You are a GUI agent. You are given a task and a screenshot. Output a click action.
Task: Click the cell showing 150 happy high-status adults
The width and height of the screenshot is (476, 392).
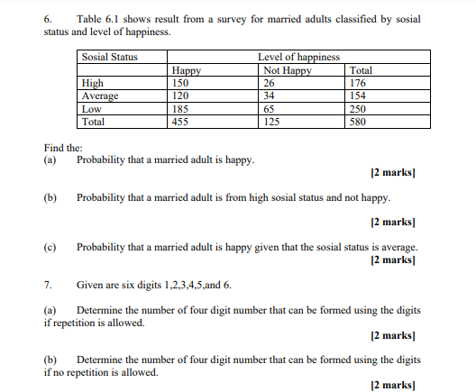[181, 83]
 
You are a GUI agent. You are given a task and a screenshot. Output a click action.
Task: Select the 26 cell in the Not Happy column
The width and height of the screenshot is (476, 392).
[269, 83]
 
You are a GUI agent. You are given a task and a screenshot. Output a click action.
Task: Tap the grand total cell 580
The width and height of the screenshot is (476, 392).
[358, 121]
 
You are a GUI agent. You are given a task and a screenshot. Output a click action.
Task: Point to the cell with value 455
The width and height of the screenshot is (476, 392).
[181, 121]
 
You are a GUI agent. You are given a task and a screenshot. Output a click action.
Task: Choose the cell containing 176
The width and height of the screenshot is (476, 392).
[358, 83]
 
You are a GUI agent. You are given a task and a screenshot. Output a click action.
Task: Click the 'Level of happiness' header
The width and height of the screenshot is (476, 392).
[298, 58]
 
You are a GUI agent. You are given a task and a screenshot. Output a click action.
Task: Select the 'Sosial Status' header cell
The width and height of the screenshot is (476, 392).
[109, 58]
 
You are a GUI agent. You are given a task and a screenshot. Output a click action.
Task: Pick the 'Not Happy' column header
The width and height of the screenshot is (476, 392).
[287, 70]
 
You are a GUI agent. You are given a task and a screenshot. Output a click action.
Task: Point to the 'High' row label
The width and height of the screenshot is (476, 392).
[91, 83]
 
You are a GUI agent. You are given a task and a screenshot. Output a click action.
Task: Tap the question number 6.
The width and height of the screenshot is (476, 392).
[48, 19]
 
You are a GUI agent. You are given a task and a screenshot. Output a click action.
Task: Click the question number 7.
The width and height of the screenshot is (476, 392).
[48, 285]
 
